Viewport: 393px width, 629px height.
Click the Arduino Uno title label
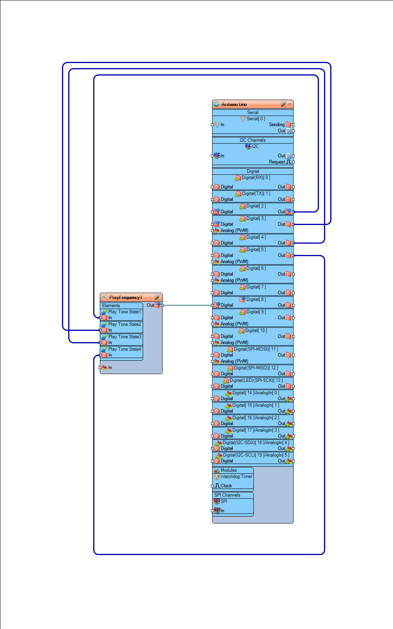click(234, 104)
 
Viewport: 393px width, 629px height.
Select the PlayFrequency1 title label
click(125, 297)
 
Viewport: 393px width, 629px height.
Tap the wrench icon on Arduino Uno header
click(283, 104)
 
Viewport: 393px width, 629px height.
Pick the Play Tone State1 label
click(124, 312)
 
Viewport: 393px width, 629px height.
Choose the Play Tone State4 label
click(124, 349)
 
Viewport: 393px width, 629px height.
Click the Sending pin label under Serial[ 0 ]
click(277, 125)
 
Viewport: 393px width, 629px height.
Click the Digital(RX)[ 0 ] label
click(255, 177)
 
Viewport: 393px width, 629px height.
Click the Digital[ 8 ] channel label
click(256, 299)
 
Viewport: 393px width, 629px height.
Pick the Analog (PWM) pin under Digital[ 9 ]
click(234, 324)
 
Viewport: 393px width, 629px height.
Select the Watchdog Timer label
click(236, 476)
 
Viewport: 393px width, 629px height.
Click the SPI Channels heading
click(227, 495)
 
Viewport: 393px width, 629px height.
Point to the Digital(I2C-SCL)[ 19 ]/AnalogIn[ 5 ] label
click(256, 455)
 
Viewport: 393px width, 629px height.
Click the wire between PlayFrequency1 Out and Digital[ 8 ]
click(187, 305)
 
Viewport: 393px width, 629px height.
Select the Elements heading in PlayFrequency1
click(111, 306)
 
